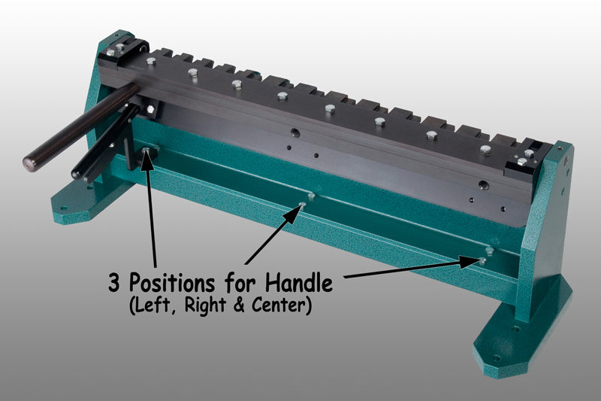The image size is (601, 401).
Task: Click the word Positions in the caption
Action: (x=171, y=283)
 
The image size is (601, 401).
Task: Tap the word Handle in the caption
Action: (x=299, y=282)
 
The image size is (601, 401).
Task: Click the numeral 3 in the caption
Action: (x=114, y=283)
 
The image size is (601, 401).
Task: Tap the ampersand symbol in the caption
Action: (x=238, y=305)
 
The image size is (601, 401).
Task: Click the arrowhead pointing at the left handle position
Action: (x=146, y=159)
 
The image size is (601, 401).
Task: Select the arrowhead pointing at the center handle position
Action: (x=294, y=214)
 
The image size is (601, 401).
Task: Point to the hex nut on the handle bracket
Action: (x=150, y=109)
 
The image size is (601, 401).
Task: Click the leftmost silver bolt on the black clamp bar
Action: (x=151, y=62)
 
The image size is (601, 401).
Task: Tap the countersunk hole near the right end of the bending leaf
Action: (x=483, y=186)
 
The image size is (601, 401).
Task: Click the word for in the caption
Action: (x=240, y=284)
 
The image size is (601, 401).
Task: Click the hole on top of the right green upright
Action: (x=560, y=147)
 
